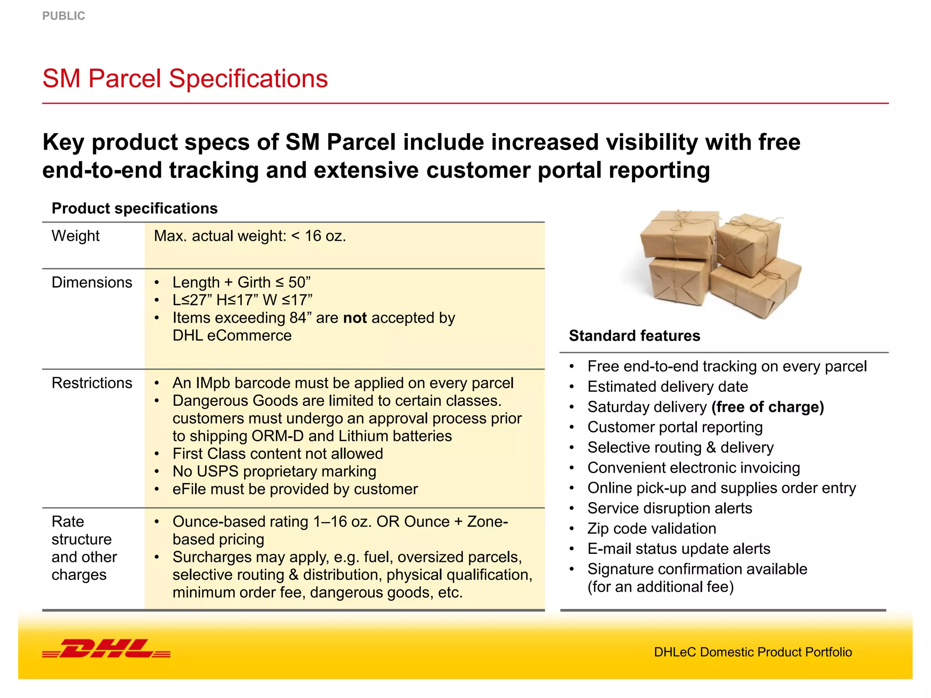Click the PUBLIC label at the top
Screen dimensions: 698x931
point(64,16)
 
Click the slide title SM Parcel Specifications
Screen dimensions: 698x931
point(185,78)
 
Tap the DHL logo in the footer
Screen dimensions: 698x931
point(106,648)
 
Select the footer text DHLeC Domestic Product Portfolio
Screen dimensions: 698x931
point(753,652)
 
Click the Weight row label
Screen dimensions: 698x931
point(75,236)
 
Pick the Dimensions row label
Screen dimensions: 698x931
point(92,282)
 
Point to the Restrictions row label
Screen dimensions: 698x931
point(92,383)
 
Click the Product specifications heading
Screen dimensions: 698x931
point(135,208)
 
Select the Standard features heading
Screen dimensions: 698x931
point(635,335)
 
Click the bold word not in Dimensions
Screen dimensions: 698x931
point(355,318)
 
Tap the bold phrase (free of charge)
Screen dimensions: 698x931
point(768,407)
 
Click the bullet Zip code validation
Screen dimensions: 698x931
point(651,528)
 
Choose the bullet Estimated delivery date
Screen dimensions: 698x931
point(667,387)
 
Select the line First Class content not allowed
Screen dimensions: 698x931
point(278,454)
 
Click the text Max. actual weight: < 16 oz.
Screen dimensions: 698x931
point(250,236)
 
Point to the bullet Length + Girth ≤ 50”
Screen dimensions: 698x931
point(241,282)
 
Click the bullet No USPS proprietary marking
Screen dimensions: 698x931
point(274,471)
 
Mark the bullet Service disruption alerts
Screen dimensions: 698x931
point(670,508)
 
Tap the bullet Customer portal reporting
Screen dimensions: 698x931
point(675,427)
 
